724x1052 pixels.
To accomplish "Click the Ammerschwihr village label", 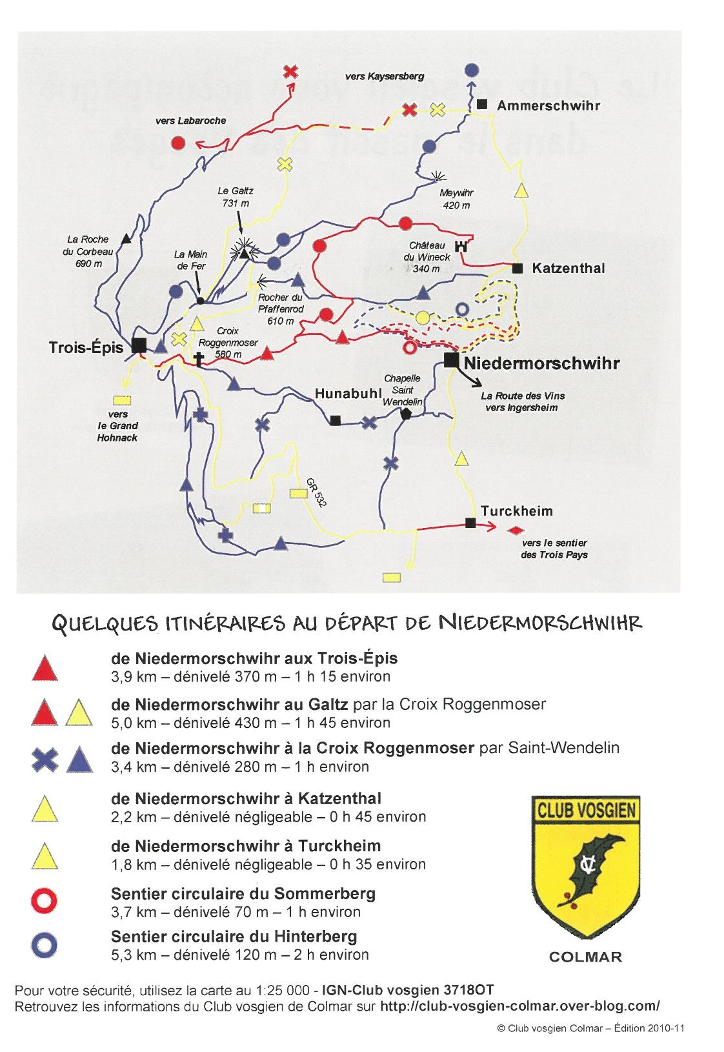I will point(548,106).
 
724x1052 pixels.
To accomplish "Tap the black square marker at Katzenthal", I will point(518,268).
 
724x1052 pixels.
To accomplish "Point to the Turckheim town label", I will point(517,511).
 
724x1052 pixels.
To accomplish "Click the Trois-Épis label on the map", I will point(86,348).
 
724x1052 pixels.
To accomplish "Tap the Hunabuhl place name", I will point(348,394).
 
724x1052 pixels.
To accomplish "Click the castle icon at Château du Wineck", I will point(461,246).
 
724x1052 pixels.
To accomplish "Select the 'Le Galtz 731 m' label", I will point(236,197).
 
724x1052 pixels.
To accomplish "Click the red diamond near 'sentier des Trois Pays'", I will point(514,531).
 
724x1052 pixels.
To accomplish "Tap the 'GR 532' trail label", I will point(316,492).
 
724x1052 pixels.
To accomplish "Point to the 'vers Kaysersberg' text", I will point(385,76).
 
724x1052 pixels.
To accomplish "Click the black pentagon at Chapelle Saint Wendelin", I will point(406,414).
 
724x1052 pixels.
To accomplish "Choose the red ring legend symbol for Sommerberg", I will point(45,901).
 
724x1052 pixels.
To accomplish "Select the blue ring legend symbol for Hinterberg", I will point(45,946).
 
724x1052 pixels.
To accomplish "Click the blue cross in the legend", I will point(45,760).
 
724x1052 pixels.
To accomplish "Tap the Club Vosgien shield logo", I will point(585,865).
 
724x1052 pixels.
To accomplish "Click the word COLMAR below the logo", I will point(585,957).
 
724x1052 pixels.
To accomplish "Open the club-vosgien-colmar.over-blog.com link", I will point(520,1006).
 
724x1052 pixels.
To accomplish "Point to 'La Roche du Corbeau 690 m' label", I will point(88,251).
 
